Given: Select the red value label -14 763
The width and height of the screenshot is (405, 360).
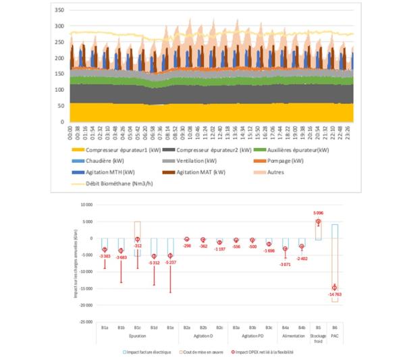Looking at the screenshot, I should coord(335,294).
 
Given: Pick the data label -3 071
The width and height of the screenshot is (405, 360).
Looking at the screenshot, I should coord(286,263).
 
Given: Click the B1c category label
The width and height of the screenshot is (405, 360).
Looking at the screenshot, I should coord(137,328).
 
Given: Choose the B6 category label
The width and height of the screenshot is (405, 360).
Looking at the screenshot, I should coord(335,328).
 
